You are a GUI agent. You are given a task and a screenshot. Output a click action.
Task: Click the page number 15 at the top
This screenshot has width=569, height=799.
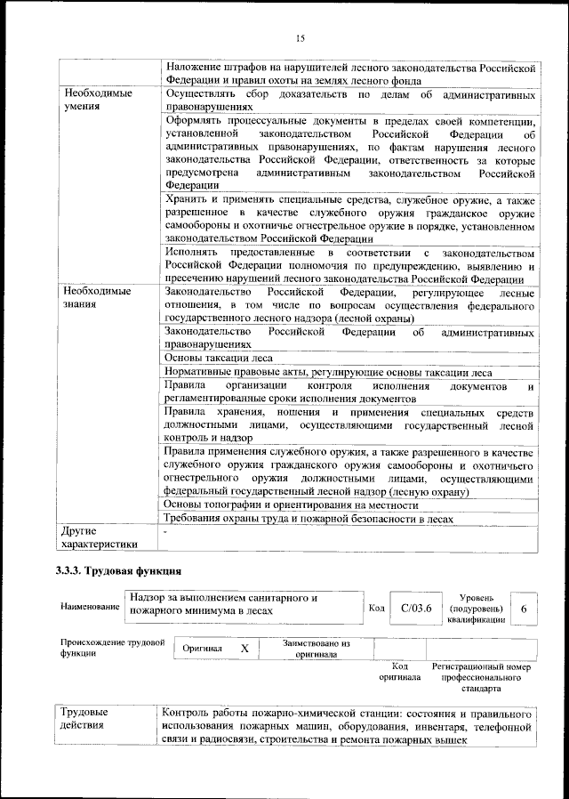300,37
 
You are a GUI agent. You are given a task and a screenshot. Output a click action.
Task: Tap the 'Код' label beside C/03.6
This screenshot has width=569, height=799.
376,609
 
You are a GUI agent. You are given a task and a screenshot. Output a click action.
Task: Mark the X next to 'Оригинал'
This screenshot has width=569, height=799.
244,649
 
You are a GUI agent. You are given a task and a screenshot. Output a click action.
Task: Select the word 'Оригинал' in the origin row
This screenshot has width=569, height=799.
202,649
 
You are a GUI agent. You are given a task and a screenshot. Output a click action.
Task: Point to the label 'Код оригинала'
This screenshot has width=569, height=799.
399,671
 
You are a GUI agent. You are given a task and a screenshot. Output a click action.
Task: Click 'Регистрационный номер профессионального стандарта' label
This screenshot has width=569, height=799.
481,677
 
